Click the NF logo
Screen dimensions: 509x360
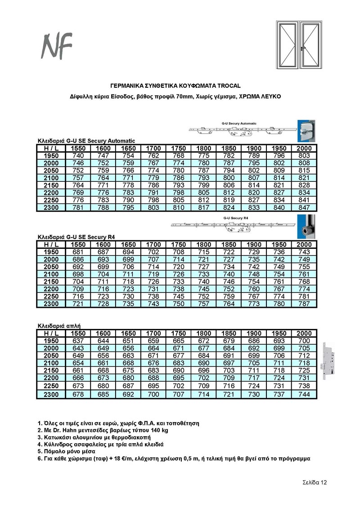click(x=57, y=45)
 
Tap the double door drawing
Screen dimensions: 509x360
click(x=298, y=45)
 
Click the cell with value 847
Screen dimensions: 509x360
click(x=304, y=207)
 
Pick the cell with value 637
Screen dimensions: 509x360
click(x=78, y=341)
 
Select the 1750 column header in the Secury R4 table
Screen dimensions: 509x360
click(x=179, y=244)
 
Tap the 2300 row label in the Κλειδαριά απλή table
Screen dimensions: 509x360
click(x=51, y=395)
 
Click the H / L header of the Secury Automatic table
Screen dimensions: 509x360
click(x=51, y=148)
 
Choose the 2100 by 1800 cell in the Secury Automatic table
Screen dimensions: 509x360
click(x=203, y=178)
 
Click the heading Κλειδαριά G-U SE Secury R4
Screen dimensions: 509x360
click(x=76, y=237)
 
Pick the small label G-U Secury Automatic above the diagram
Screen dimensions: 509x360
click(x=239, y=123)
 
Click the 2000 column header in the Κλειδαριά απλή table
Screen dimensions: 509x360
click(x=304, y=333)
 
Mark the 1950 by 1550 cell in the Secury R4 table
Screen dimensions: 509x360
click(x=78, y=252)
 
